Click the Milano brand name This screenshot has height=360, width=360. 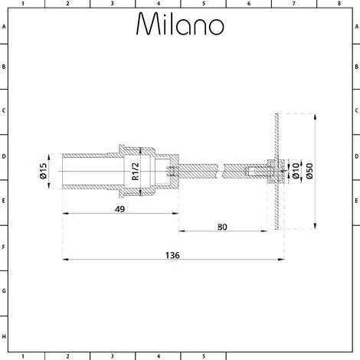click(x=180, y=25)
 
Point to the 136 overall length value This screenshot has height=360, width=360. click(x=172, y=255)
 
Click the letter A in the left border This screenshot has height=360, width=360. click(x=4, y=26)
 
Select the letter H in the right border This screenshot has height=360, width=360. click(x=355, y=335)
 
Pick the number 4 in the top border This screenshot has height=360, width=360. click(x=158, y=4)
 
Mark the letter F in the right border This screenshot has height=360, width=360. click(x=355, y=247)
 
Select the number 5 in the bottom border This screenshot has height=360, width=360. click(x=203, y=355)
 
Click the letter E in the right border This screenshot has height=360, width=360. click(x=355, y=202)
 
